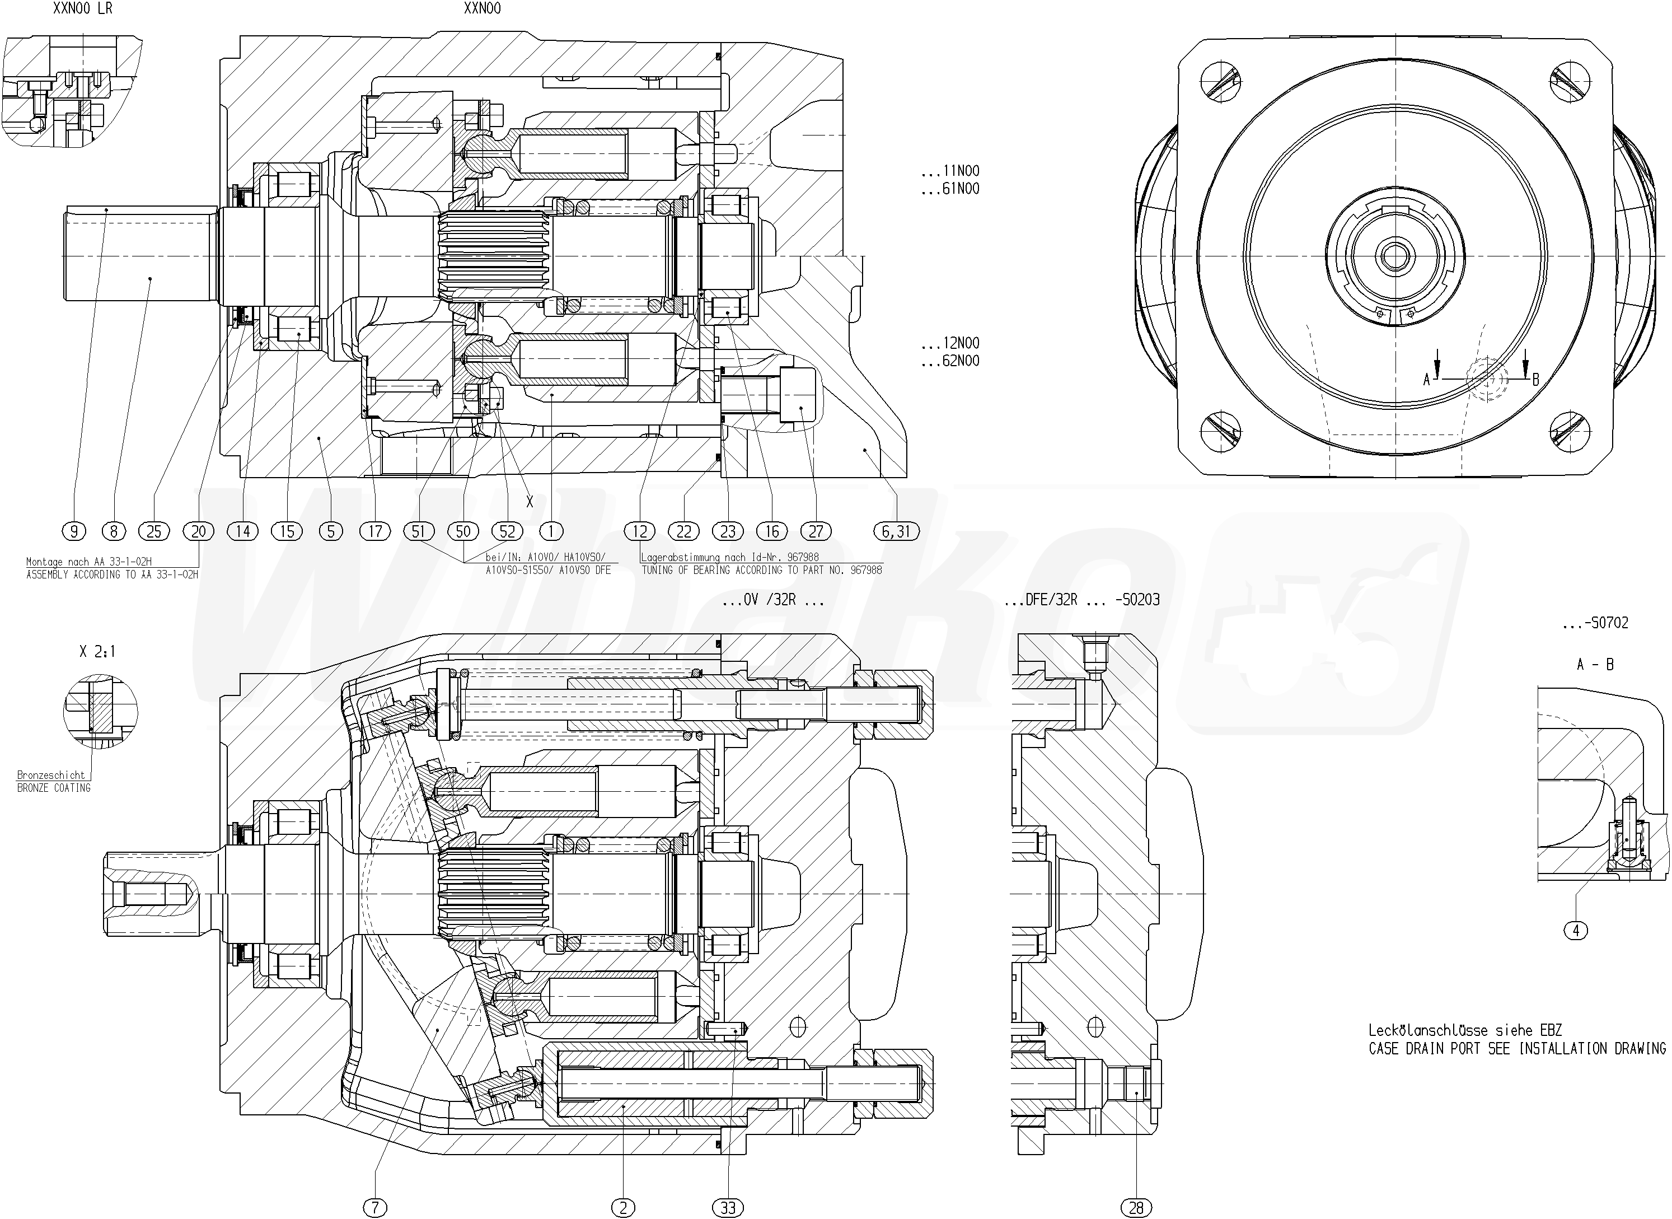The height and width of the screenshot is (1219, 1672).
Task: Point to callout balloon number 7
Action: point(374,1207)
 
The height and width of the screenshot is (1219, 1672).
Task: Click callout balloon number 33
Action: point(728,1207)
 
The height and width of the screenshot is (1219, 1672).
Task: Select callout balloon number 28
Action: point(1136,1207)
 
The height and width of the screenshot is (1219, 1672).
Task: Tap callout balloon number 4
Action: point(1576,931)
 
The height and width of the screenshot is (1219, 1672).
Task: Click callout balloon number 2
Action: point(623,1207)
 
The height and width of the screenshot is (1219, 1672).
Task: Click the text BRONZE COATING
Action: point(54,788)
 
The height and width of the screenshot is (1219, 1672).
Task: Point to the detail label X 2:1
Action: point(97,652)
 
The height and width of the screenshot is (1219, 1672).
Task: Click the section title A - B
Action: point(1595,665)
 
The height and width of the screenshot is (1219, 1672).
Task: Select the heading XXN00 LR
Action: point(83,10)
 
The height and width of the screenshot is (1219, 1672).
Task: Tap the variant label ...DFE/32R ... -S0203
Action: point(1082,600)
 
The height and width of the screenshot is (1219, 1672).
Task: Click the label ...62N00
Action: point(950,361)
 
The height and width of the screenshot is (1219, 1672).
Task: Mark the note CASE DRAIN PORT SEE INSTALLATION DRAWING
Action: point(1517,1049)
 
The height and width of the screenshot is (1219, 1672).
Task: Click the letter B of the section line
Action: point(1535,379)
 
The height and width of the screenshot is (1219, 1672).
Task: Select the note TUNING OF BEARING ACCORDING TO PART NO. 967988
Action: point(761,571)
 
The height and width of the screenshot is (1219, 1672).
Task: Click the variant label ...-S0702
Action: point(1595,623)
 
